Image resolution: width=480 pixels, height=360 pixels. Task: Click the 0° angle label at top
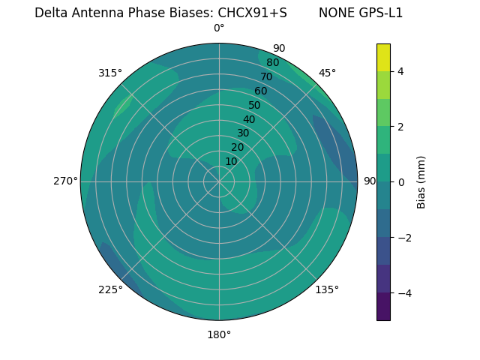(219, 28)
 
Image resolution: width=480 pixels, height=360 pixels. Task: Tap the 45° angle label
(327, 73)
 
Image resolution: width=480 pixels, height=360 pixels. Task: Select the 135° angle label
(327, 289)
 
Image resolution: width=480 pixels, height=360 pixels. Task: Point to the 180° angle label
(219, 334)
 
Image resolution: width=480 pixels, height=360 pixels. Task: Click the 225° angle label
(110, 289)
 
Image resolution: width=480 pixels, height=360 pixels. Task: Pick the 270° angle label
(65, 181)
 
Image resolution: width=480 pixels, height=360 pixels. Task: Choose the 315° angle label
(110, 73)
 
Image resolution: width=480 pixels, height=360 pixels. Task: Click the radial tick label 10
(231, 161)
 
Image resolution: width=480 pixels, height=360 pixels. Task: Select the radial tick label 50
(254, 106)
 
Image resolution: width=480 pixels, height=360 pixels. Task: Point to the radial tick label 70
(266, 77)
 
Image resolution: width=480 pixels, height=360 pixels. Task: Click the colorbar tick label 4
(401, 71)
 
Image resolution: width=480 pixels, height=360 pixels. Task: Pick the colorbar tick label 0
(401, 182)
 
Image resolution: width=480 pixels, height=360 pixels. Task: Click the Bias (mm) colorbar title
(421, 182)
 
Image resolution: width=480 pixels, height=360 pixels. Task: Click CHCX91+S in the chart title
(252, 13)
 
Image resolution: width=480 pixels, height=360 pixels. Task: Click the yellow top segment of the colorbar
(383, 57)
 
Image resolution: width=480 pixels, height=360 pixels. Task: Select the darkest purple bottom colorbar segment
(383, 307)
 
